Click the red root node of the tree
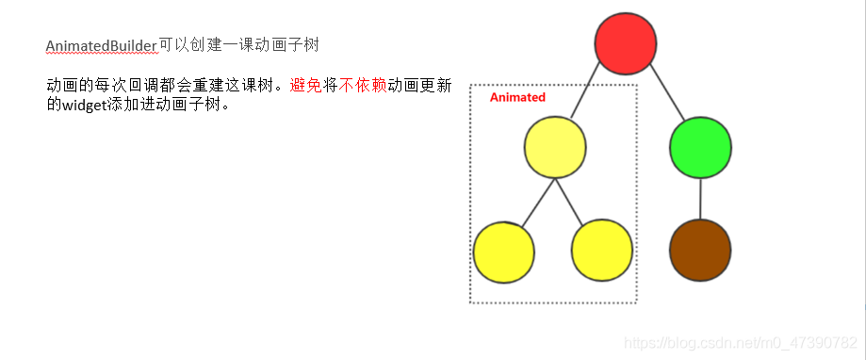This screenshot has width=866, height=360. point(626,43)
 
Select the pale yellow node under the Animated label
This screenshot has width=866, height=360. point(555,147)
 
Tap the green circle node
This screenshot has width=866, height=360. point(700,147)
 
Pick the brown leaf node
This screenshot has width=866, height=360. point(700,250)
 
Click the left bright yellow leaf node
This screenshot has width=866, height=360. point(504,251)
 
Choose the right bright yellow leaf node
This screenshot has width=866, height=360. point(602,251)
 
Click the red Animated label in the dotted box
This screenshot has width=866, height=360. point(517,97)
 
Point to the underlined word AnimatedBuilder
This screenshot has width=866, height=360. point(101,45)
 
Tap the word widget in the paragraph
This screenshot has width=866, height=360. point(84,104)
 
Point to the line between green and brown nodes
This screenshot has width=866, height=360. point(700,198)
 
